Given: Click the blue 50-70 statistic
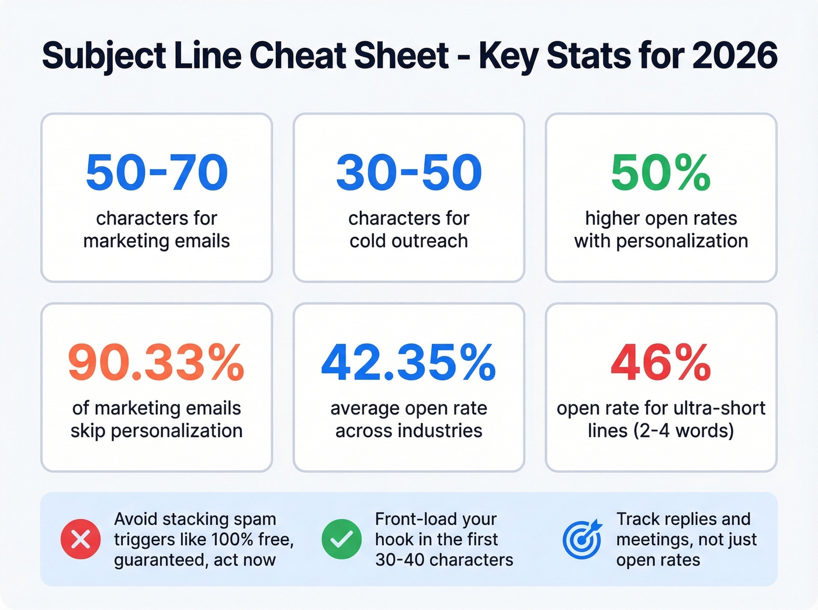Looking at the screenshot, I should (x=157, y=173).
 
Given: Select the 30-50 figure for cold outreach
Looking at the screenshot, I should (x=409, y=173).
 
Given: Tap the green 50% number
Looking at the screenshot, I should (x=661, y=173).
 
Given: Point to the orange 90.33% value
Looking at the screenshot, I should (x=157, y=362).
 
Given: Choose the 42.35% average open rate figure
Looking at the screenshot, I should (x=409, y=362).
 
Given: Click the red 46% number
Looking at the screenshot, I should (x=661, y=362).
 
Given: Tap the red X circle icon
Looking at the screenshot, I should (x=81, y=539).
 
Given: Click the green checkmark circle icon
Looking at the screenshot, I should (x=341, y=539).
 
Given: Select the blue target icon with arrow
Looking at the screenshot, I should (x=581, y=539).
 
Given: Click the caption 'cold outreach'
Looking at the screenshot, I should (x=409, y=241).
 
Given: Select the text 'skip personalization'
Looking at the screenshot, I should (x=157, y=431).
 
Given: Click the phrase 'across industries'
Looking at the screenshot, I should (x=409, y=431).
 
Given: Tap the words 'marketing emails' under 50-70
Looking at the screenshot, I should (x=157, y=241).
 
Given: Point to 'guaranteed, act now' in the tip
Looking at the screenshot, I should (x=195, y=560).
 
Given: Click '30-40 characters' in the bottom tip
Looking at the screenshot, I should (x=444, y=560).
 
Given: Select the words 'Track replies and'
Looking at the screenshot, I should (x=683, y=519).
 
